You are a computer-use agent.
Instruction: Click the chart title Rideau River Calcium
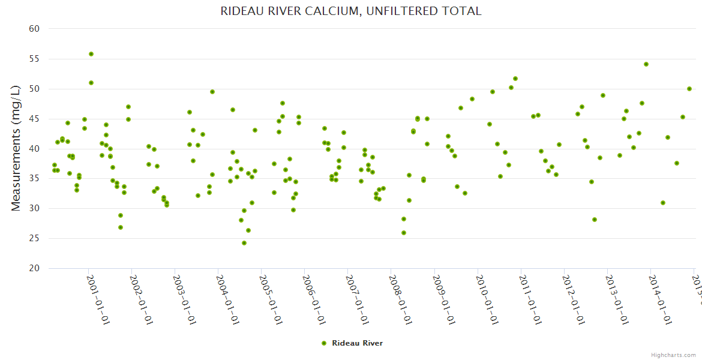point(351,11)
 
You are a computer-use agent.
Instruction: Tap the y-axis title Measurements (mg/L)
point(16,148)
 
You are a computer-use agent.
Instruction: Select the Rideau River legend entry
point(352,343)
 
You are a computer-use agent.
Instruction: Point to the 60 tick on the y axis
point(34,29)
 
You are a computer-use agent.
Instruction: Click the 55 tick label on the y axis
point(34,59)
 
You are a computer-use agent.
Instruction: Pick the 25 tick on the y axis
point(34,239)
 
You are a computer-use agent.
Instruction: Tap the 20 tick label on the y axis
point(34,269)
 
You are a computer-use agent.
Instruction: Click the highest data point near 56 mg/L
point(91,54)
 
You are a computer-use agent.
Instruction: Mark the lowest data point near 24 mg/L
point(244,243)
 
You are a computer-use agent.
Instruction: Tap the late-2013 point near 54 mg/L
point(646,64)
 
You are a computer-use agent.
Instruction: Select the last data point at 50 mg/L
point(689,89)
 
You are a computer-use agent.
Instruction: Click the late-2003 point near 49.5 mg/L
point(212,92)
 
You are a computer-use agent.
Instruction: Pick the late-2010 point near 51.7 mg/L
point(515,79)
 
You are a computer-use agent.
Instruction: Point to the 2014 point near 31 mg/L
point(663,203)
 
